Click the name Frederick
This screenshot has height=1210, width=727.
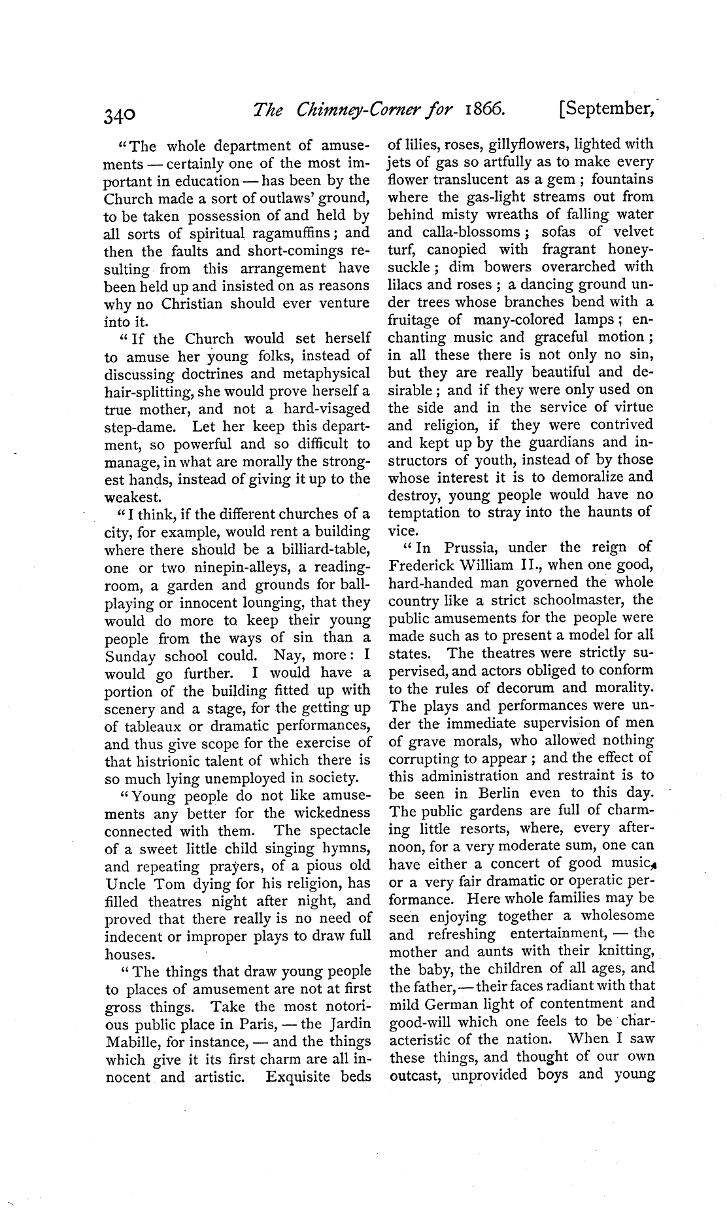click(424, 565)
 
